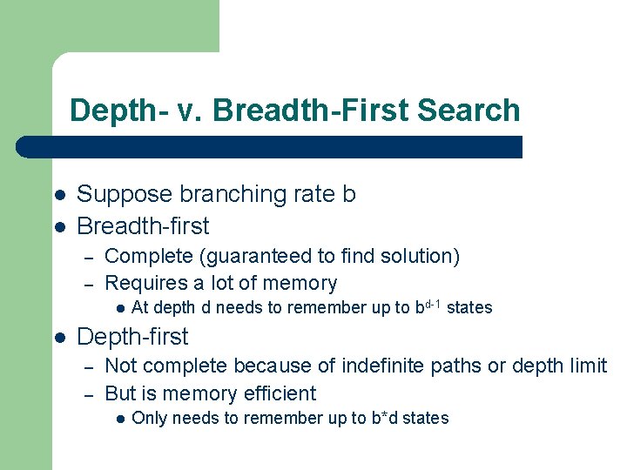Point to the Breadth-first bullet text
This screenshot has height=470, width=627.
(143, 226)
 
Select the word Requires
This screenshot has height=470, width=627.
(143, 283)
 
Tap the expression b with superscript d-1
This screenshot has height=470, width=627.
(428, 305)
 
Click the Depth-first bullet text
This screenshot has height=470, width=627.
(132, 336)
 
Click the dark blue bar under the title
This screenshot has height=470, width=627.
(270, 146)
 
